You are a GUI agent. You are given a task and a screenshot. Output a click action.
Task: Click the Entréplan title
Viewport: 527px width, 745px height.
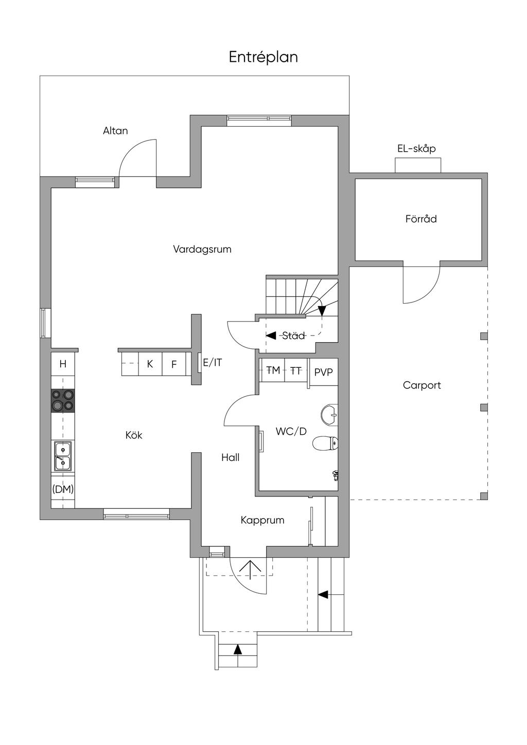[x=263, y=57]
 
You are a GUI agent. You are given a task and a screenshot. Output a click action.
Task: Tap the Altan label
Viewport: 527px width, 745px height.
[x=115, y=131]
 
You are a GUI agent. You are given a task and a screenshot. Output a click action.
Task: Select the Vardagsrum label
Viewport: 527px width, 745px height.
[x=202, y=250]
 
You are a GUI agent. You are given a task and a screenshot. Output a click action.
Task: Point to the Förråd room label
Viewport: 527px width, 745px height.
[x=421, y=219]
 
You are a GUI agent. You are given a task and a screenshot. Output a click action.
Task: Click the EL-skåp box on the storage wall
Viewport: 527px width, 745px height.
[x=418, y=166]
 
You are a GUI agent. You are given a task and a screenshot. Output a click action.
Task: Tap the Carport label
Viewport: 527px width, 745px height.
[x=422, y=385]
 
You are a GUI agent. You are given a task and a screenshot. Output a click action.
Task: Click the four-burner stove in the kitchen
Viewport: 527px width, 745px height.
[x=62, y=400]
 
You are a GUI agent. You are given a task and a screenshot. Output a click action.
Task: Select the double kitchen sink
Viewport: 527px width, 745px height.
[x=62, y=456]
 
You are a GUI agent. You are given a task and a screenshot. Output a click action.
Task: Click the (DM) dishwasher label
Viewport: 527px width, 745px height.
[x=63, y=489]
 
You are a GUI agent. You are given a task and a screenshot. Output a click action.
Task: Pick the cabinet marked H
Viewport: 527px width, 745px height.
[x=63, y=364]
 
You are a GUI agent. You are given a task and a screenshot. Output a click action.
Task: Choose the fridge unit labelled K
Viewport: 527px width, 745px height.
[x=150, y=364]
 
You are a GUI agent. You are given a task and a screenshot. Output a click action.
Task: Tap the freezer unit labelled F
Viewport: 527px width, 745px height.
[x=174, y=364]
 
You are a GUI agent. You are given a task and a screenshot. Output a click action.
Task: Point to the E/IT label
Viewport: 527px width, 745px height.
[x=213, y=363]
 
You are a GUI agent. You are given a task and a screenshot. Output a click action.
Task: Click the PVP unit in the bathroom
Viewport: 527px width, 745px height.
[x=324, y=372]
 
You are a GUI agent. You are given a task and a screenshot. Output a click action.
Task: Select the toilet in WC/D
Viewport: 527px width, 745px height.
[x=326, y=443]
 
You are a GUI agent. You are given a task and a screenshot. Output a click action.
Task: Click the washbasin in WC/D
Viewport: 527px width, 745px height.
[x=329, y=414]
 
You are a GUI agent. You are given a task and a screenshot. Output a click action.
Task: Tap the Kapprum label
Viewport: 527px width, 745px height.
[x=262, y=520]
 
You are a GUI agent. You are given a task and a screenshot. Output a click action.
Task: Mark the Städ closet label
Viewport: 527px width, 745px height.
[x=293, y=336]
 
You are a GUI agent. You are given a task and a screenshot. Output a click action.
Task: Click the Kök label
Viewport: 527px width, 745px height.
[x=134, y=435]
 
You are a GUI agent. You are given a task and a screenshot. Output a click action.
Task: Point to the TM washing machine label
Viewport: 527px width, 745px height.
[x=273, y=370]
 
